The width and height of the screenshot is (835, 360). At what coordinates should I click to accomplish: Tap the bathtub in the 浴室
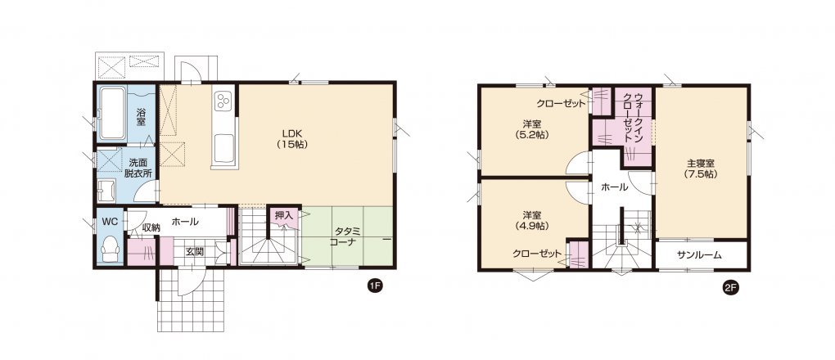(112, 114)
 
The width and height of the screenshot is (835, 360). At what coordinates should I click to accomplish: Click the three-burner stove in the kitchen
(222, 100)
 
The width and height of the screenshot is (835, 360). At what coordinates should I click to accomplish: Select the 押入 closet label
(284, 216)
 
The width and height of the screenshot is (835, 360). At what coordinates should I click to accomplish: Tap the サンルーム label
(699, 255)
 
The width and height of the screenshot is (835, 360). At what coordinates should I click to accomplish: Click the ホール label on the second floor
(614, 187)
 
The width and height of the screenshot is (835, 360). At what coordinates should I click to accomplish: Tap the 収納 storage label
(151, 227)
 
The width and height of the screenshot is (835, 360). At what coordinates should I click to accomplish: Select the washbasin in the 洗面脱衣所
(106, 191)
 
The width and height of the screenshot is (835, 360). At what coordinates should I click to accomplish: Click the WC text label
(111, 220)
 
